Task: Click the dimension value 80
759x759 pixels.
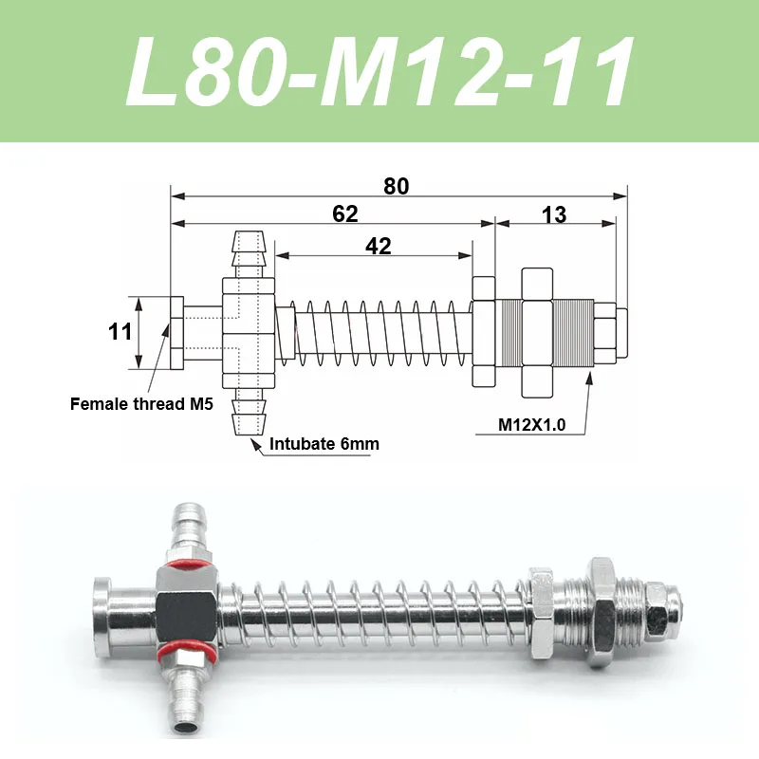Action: (x=396, y=186)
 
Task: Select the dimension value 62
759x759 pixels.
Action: (x=345, y=214)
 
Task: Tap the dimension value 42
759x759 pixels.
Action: (x=378, y=247)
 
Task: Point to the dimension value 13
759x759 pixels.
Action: (x=554, y=214)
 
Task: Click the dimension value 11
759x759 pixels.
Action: (x=120, y=332)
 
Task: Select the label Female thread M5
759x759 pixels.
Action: (x=141, y=404)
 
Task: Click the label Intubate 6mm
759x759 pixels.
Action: (x=324, y=444)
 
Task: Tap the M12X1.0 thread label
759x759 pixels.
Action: (x=531, y=424)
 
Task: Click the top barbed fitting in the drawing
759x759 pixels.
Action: (x=248, y=254)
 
